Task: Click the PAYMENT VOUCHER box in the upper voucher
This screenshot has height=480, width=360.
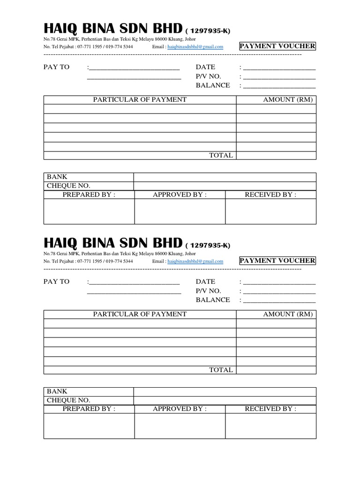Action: pos(277,46)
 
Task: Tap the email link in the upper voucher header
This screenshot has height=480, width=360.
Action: pos(195,47)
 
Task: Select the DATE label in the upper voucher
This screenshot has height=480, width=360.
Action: pos(205,67)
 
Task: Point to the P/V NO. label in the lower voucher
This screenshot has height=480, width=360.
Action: pos(208,291)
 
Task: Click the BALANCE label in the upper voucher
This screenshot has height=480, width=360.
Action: pos(213,85)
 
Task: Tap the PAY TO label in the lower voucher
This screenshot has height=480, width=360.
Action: pos(56,282)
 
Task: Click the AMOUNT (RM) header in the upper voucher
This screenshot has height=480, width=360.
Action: pos(287,99)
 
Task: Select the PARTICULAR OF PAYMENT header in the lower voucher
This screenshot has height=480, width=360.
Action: pos(140,314)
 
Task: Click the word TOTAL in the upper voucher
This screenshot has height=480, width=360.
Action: pos(221,155)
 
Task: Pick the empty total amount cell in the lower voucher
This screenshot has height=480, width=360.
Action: pos(276,370)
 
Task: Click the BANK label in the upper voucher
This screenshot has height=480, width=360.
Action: pos(57,177)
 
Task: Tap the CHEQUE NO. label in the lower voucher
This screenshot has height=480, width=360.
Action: pos(68,400)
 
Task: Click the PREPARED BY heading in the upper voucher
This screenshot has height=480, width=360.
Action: pos(89,195)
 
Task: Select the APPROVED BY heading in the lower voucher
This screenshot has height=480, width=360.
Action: pos(180,409)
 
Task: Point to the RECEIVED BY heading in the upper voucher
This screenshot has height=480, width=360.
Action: pos(270,195)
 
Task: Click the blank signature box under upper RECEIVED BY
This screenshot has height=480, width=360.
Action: pos(270,212)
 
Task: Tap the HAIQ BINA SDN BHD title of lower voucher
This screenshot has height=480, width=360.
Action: pos(112,243)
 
